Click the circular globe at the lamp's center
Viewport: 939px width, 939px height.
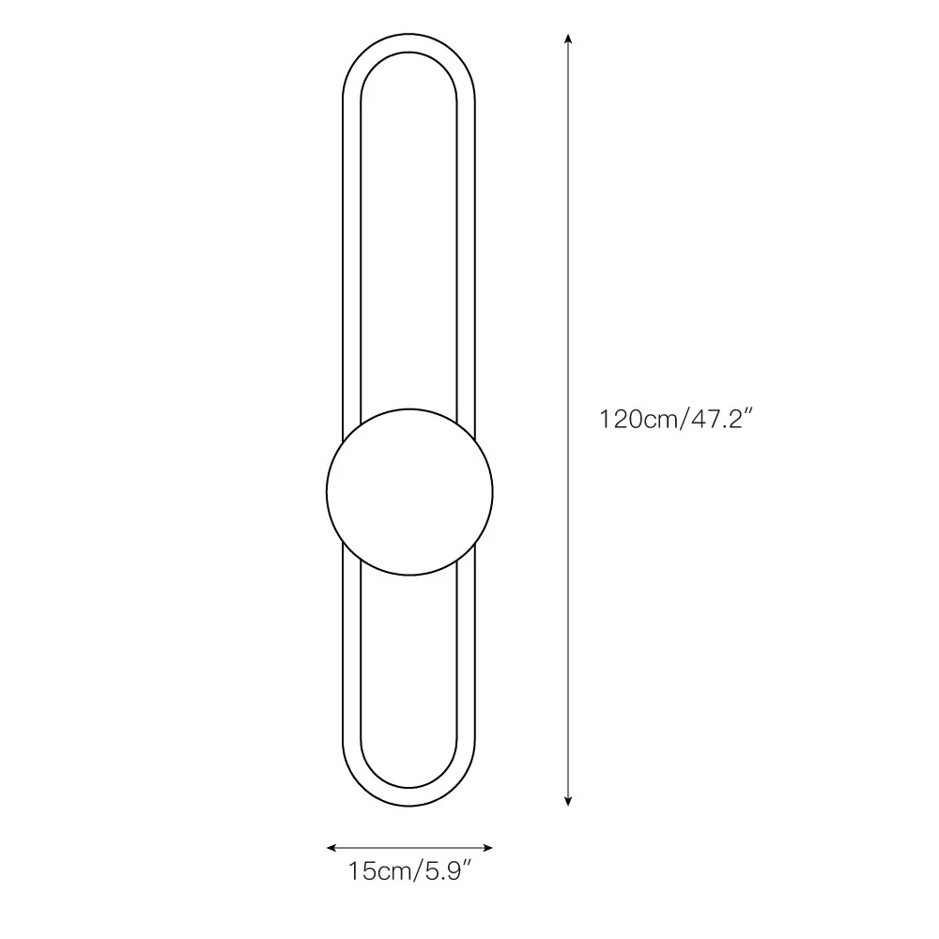409,492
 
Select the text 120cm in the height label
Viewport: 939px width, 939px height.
639,419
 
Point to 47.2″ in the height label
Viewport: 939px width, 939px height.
721,419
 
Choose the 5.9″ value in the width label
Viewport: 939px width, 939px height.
449,870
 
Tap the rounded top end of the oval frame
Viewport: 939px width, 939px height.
409,42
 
